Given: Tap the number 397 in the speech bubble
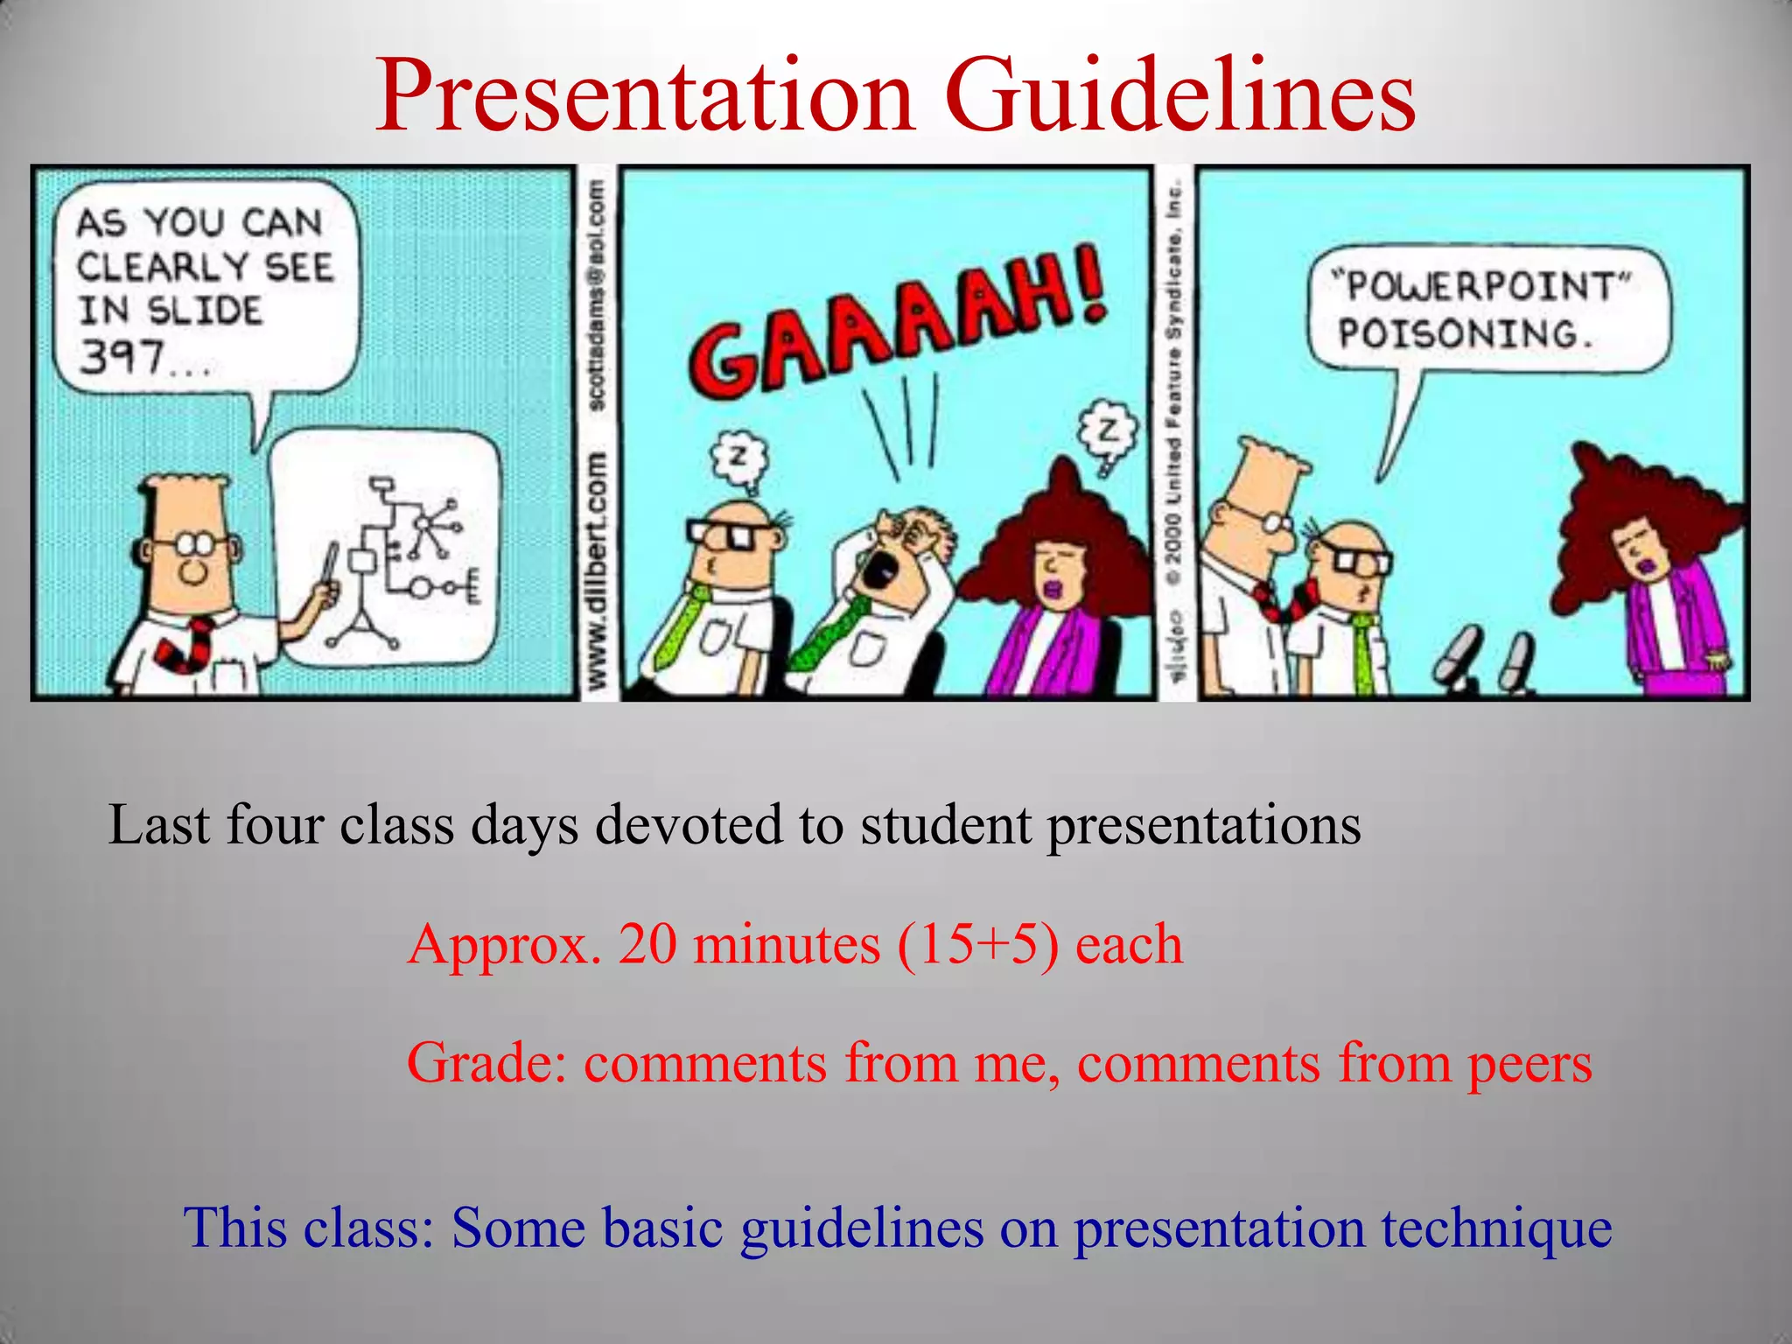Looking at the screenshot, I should [122, 357].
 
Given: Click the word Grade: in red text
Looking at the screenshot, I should [486, 1063].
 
